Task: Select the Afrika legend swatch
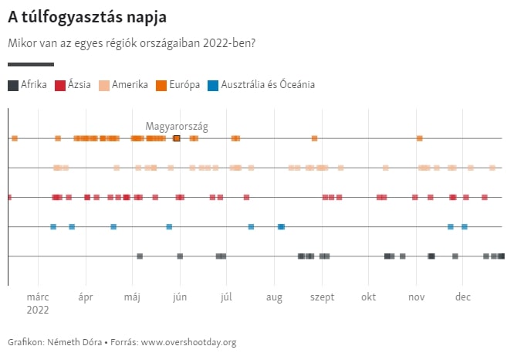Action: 13,85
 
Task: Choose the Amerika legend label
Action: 130,85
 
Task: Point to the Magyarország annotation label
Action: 177,126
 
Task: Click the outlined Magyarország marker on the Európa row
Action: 177,138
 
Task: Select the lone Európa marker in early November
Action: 419,138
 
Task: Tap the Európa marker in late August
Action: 314,138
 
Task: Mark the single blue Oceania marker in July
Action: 251,226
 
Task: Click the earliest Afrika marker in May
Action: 140,256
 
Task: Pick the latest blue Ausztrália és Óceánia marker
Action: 464,226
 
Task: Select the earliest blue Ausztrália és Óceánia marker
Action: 53,226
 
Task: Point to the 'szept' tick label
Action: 322,297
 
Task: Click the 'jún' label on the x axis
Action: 180,297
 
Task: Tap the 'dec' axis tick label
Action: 463,297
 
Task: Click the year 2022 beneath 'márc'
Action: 37,310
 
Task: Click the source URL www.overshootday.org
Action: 188,342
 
